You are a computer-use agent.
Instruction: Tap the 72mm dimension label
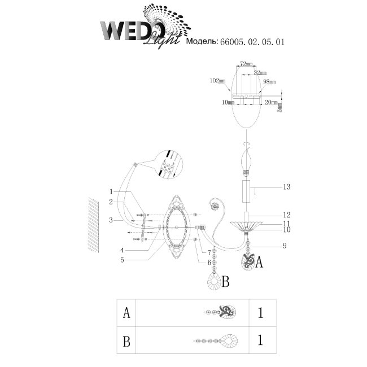(246, 65)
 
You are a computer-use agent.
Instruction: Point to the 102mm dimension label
(217, 81)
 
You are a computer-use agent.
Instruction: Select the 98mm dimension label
(268, 82)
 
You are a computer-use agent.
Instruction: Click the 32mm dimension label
(260, 73)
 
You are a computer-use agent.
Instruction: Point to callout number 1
(112, 191)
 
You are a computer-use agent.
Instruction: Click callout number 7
(209, 252)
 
